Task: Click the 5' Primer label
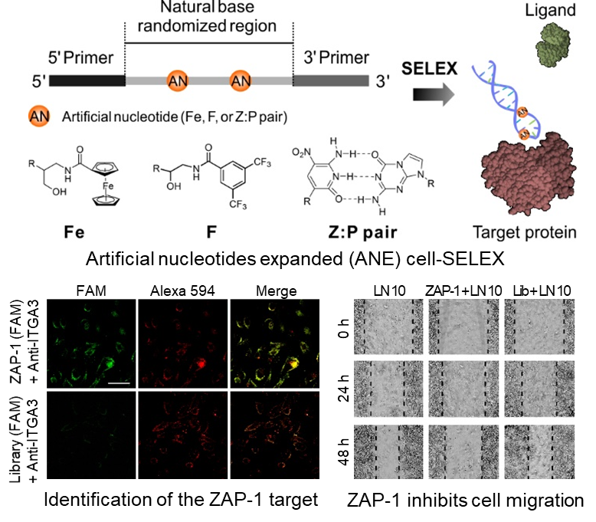(75, 58)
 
